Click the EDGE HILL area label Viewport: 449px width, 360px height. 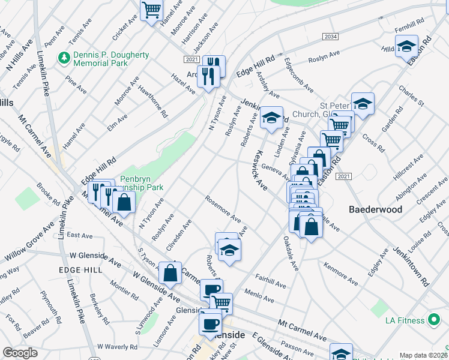coord(78,271)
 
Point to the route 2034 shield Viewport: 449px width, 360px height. coord(330,37)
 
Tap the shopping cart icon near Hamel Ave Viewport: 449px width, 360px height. coord(152,10)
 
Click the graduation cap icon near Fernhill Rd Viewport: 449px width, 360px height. coord(406,47)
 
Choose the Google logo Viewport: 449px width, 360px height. coord(20,353)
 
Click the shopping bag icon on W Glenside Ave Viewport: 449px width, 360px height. coord(171,273)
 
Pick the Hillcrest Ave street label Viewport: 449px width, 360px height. coord(409,167)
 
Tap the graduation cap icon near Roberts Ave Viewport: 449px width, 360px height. coord(229,250)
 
